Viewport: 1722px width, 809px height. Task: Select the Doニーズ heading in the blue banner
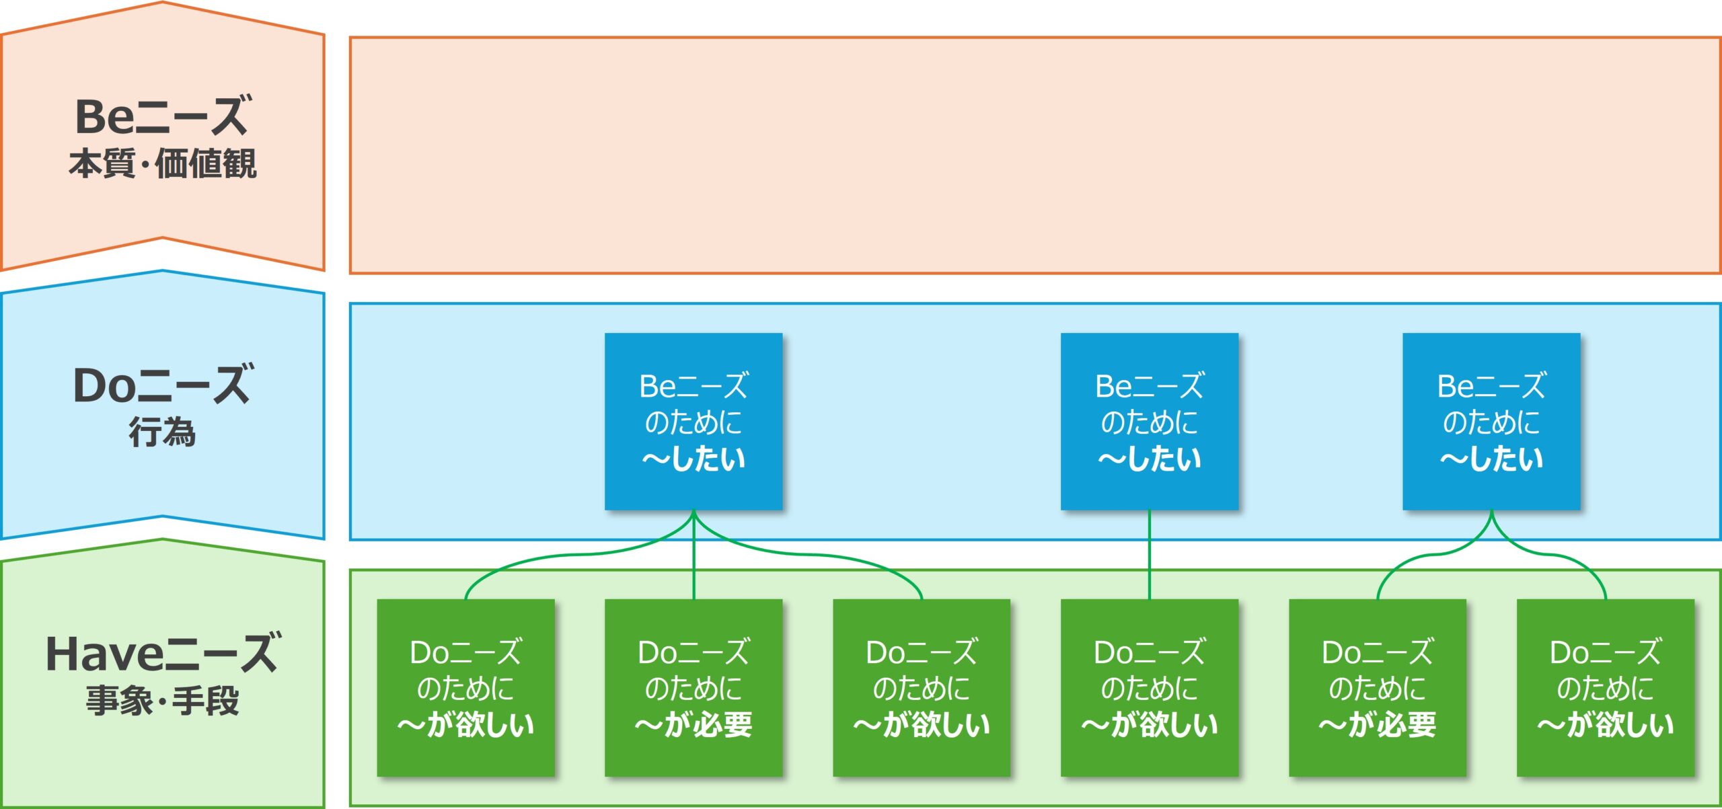163,385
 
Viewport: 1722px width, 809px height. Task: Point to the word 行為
163,432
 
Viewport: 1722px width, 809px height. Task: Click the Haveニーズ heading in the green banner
163,654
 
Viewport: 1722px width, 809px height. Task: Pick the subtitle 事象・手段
163,701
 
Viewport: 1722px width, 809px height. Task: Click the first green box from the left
465,687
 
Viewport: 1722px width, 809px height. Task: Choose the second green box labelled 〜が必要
694,687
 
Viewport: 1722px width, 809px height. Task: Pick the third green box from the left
922,687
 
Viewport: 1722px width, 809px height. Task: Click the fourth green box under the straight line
1150,687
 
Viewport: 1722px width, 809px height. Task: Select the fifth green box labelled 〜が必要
1378,687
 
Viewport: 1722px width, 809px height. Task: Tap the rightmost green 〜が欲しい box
1606,687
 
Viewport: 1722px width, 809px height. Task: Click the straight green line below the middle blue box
1150,555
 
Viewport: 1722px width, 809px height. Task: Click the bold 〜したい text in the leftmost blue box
694,459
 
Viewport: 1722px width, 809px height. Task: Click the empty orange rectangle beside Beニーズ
1035,155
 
